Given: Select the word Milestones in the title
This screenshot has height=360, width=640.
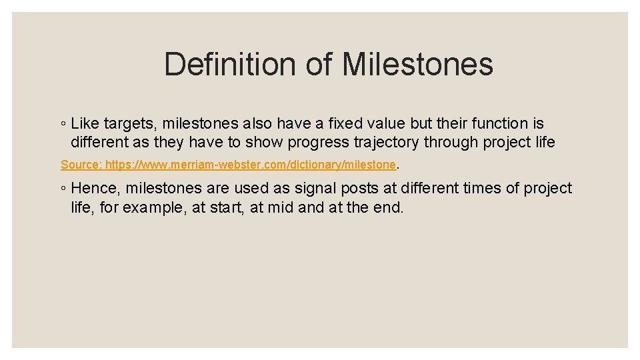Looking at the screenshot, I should tap(417, 65).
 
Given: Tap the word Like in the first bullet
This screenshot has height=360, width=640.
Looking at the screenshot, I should tap(85, 123).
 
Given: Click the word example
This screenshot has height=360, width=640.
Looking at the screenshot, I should tap(151, 207).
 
